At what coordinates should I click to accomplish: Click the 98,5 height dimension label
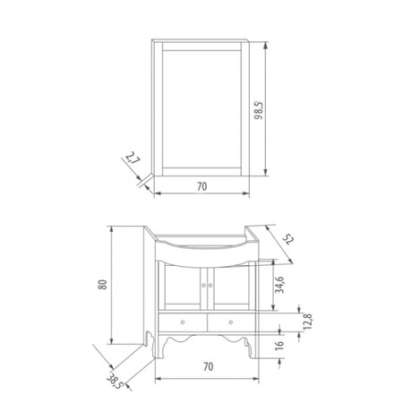259,110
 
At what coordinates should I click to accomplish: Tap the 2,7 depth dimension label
133,159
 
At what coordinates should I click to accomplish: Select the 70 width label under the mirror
201,186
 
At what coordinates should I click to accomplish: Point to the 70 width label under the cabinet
209,366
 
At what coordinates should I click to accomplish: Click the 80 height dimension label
102,285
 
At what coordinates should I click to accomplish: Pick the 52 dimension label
288,239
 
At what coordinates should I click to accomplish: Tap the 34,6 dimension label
279,285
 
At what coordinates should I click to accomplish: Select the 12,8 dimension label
307,322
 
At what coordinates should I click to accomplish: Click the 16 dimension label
279,345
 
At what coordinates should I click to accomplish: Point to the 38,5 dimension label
115,381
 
